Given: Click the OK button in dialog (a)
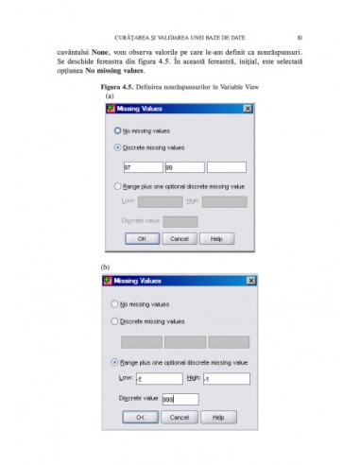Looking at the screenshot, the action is (142, 239).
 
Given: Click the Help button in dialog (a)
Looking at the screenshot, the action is (216, 239).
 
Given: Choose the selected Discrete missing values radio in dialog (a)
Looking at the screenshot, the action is (117, 147).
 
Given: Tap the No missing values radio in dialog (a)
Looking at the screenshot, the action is (117, 129).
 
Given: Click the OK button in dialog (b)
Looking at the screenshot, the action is (140, 417).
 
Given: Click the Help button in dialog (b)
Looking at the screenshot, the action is (216, 417).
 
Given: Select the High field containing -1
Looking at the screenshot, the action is (225, 379).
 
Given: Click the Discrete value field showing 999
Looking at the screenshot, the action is (175, 399).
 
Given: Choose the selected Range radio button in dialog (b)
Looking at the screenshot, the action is (115, 362).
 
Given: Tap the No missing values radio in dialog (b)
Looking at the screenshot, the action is (115, 304).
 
